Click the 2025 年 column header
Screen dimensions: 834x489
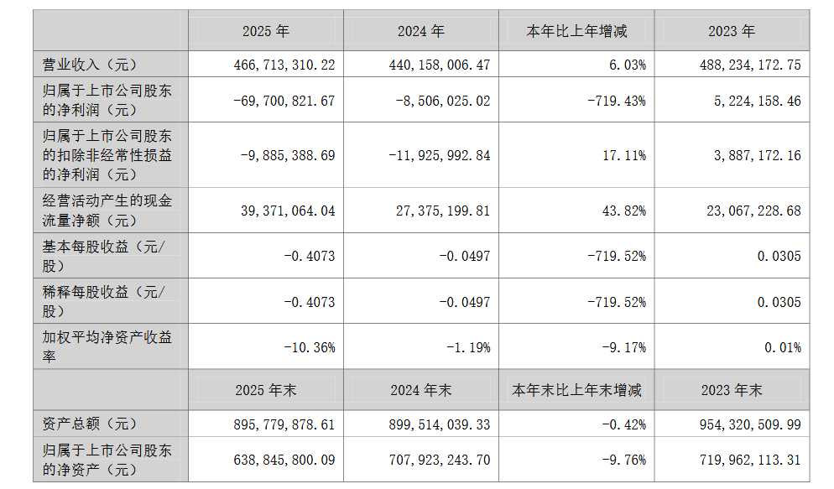(x=266, y=31)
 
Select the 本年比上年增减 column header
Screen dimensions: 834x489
(x=576, y=31)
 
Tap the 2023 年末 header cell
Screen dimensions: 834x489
(x=732, y=391)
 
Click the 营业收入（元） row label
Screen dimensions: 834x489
(x=90, y=65)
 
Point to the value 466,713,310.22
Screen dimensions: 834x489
(x=284, y=65)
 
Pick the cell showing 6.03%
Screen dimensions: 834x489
(x=628, y=65)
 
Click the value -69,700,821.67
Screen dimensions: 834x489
(x=284, y=101)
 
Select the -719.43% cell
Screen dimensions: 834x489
(x=617, y=101)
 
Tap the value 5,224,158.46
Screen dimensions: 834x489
(x=758, y=101)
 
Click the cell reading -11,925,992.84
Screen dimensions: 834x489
(x=440, y=156)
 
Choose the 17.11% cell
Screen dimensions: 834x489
(x=624, y=156)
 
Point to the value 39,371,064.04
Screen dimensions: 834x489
(x=289, y=211)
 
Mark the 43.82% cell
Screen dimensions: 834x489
(x=624, y=211)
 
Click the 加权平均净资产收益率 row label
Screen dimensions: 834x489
(x=107, y=346)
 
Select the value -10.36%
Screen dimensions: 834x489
(x=310, y=347)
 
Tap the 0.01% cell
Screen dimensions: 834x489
(x=783, y=347)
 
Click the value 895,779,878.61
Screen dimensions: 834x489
(x=284, y=424)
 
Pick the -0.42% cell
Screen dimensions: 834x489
(x=624, y=424)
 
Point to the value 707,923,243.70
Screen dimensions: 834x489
(x=440, y=460)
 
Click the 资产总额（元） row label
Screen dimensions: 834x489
(x=90, y=424)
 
